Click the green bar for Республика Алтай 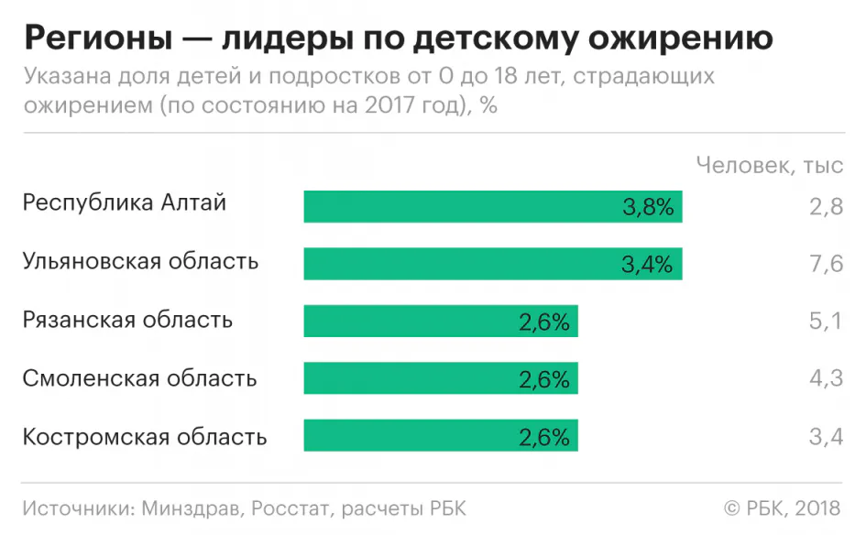click(493, 206)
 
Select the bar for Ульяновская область click(493, 264)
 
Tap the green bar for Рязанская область click(441, 322)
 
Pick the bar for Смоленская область click(441, 378)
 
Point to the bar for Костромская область click(441, 436)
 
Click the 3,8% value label click(648, 207)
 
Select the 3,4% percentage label click(647, 265)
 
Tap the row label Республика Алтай click(125, 203)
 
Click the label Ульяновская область click(141, 262)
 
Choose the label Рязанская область click(127, 320)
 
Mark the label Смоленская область click(140, 378)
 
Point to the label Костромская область click(145, 436)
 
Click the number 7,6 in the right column click(826, 265)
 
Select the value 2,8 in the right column click(826, 207)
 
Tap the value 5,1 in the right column click(826, 322)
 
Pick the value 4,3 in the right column click(826, 378)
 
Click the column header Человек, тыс click(769, 165)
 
